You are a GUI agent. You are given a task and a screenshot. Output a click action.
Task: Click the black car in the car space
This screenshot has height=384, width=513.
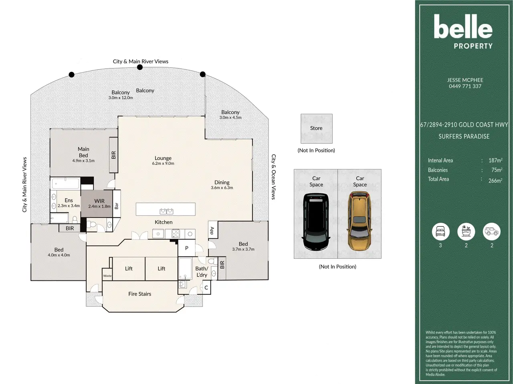coord(316,222)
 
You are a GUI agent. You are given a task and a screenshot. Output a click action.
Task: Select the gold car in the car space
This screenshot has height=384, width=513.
coord(360,221)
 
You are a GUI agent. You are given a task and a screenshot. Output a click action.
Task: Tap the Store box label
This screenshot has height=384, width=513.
coord(316,128)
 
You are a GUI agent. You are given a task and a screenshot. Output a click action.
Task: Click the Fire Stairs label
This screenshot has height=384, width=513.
coord(140,294)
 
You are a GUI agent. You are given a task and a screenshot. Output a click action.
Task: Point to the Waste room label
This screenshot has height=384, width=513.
coord(107,276)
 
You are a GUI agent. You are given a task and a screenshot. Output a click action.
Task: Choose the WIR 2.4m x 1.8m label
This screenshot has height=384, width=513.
coord(99,203)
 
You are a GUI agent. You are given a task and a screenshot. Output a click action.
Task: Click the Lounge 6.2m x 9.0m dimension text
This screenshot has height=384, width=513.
coord(163,164)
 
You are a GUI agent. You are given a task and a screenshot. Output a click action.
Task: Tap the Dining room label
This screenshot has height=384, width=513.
coord(222,182)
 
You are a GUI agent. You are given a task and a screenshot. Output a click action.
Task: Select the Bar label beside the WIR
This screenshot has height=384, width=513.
coord(117,206)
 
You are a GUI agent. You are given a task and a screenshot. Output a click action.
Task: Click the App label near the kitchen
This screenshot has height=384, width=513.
coord(212,230)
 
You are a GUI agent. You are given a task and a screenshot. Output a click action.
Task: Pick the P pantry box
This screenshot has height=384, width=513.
coord(186,248)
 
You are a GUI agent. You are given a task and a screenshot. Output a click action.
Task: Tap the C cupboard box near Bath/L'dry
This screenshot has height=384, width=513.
coord(206,288)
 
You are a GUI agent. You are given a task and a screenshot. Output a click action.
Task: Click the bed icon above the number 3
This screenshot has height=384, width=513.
coord(440,232)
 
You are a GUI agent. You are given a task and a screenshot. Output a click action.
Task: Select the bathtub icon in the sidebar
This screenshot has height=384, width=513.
coord(466,232)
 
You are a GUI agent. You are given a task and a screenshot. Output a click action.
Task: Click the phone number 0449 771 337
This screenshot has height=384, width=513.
coord(465,86)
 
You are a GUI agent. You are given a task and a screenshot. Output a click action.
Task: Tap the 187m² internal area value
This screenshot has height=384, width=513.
coord(495,160)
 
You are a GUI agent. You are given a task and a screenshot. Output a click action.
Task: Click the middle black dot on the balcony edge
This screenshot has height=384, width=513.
coord(140,67)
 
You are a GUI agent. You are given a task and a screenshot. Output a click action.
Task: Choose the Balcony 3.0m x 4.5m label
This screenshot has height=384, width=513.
coord(230,115)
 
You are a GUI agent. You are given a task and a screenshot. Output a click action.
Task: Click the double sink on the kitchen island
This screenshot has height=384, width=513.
coord(166,211)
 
